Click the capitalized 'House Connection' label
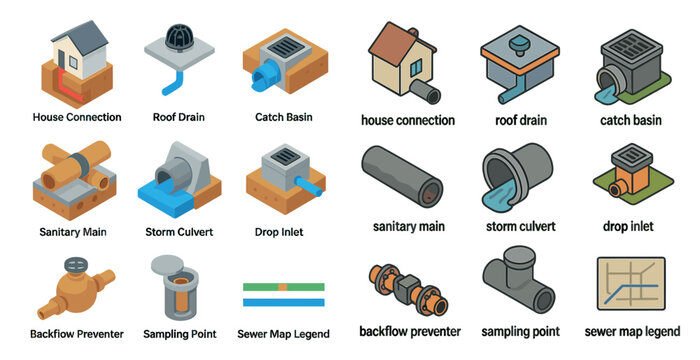point(77,117)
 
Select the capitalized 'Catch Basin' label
point(284,117)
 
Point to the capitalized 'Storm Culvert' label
point(179,232)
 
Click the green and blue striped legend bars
point(283,294)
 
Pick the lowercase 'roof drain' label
point(521,121)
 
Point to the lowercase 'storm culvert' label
point(520,226)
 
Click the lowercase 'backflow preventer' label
point(410,331)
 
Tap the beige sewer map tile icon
point(631,286)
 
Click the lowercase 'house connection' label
point(408,121)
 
